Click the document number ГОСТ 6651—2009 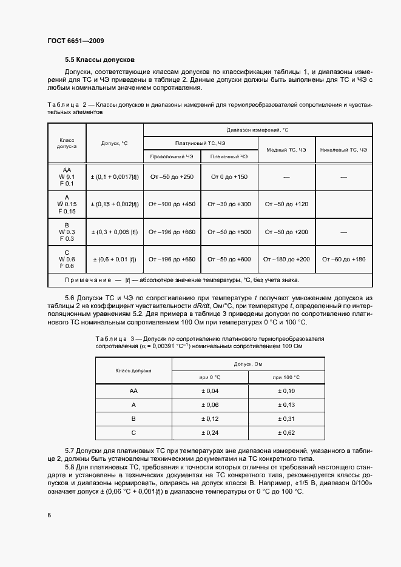[74, 41]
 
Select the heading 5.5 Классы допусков [99, 60]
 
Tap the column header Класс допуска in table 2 [67, 143]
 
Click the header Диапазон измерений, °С [258, 130]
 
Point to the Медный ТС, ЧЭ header [286, 149]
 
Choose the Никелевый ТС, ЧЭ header [343, 149]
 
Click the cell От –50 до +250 [172, 176]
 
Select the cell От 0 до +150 [229, 176]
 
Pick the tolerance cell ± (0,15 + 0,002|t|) [115, 204]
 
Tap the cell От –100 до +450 [172, 204]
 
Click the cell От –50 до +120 [286, 204]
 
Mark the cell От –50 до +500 [229, 232]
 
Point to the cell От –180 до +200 [286, 259]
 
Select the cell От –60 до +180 [343, 259]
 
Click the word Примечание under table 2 [89, 280]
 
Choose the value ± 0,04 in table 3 [209, 391]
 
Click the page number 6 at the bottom [49, 515]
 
